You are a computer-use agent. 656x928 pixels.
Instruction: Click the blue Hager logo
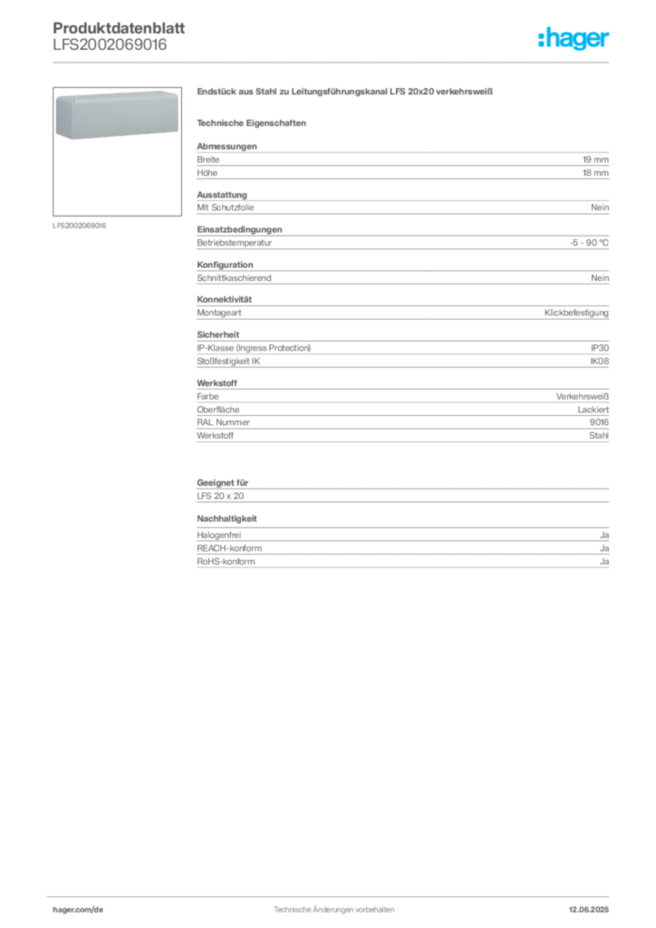pyautogui.click(x=575, y=39)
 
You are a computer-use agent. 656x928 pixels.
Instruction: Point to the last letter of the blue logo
pyautogui.click(x=608, y=41)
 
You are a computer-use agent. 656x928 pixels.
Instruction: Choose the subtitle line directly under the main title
pyautogui.click(x=255, y=122)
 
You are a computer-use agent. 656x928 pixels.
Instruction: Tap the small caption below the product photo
pyautogui.click(x=80, y=225)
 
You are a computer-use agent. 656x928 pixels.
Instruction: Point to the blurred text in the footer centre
pyautogui.click(x=332, y=905)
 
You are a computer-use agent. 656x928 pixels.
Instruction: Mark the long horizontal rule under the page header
pyautogui.click(x=333, y=62)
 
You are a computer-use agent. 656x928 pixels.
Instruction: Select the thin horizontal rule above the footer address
pyautogui.click(x=333, y=894)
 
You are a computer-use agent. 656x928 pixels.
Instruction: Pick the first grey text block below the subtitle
pyautogui.click(x=401, y=161)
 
